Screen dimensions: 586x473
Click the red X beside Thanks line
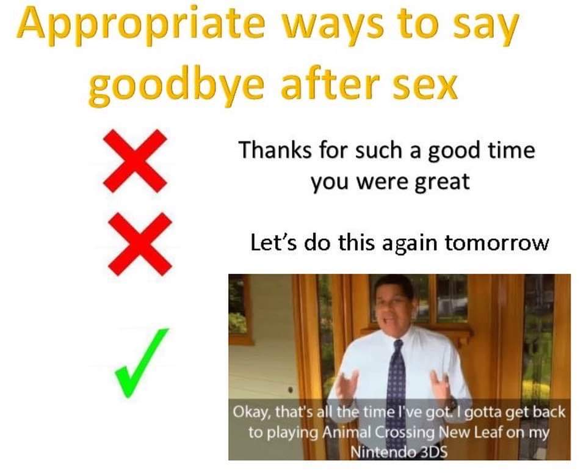coord(135,161)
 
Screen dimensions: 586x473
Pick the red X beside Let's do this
coord(140,244)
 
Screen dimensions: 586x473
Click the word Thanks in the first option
coord(275,150)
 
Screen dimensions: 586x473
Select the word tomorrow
coord(497,243)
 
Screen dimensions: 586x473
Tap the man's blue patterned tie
coord(397,378)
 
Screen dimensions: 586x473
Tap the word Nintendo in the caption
coord(384,452)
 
